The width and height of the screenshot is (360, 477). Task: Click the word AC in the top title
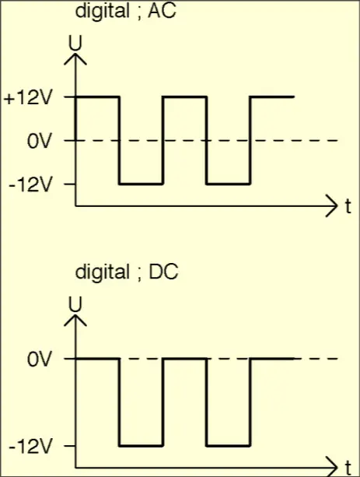tap(162, 11)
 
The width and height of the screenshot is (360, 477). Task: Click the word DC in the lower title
tap(163, 272)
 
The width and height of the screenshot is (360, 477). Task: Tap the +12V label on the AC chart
tap(27, 98)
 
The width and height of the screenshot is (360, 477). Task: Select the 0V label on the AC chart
tap(39, 142)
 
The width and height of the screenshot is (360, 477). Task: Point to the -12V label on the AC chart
tap(30, 185)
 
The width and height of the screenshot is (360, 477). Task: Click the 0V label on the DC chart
tap(39, 360)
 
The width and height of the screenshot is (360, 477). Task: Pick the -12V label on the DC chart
tap(30, 447)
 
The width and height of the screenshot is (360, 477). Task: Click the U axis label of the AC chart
tap(75, 44)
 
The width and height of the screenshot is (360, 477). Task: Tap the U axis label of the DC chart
tap(75, 304)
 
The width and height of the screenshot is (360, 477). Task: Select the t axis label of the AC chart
tap(348, 206)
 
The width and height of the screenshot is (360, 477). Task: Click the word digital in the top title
tap(103, 11)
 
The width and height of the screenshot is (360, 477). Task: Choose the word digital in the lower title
tap(103, 272)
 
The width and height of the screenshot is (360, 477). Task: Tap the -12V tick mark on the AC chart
tap(70, 184)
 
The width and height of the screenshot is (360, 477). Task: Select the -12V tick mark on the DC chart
tap(70, 446)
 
